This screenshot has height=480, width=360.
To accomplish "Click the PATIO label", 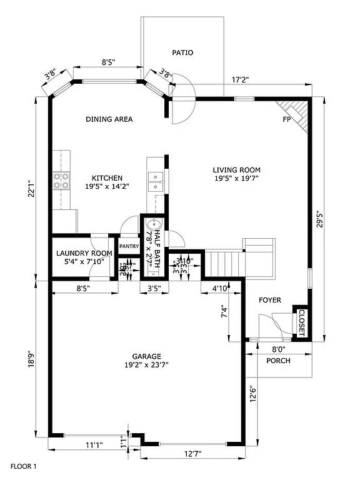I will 183,52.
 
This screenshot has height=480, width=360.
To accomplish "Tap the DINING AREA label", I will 109,119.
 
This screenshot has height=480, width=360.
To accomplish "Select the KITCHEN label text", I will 107,177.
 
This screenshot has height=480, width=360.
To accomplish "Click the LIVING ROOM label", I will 236,169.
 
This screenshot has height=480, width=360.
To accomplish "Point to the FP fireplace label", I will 287,119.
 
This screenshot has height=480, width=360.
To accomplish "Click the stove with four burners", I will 61,181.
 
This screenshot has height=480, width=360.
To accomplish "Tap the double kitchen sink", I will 154,185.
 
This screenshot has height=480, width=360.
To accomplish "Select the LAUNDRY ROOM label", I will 84,253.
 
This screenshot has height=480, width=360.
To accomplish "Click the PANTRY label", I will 129,246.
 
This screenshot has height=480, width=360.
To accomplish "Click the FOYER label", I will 270,301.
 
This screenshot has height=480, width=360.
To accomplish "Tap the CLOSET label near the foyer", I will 301,323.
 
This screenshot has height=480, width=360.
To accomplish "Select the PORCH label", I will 278,361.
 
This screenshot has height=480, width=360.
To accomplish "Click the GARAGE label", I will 148,355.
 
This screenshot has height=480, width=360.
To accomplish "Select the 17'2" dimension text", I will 241,80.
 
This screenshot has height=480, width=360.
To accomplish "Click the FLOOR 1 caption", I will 23,466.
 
